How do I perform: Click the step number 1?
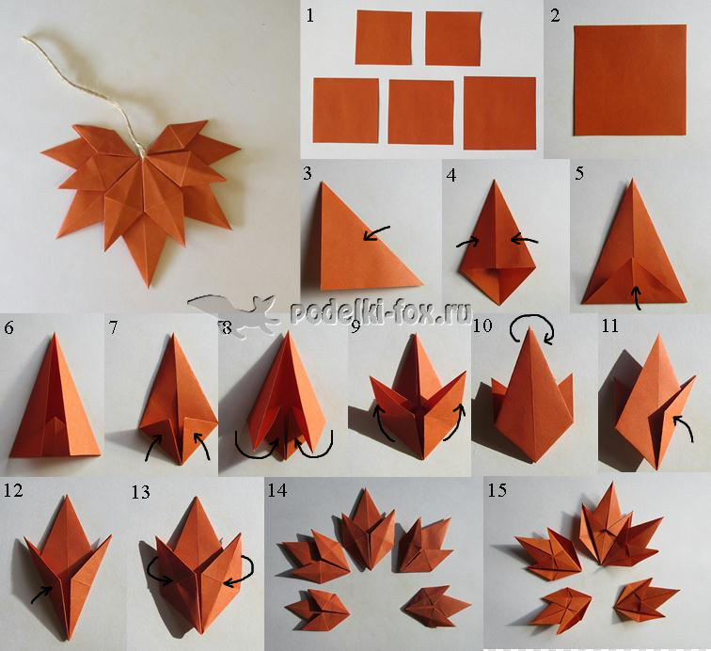coord(310,15)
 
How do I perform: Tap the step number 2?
coord(556,15)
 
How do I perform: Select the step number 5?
coord(579,173)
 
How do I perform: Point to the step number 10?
coord(482,325)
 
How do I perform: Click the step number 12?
coord(13,490)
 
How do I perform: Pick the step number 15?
coord(497,490)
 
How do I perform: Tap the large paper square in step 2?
coord(630,80)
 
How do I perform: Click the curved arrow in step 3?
coord(376,232)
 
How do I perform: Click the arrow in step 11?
coord(684,427)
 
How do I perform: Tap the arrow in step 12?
coord(41,594)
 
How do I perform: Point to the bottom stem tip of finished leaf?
coord(149,287)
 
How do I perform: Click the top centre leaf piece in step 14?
coord(368,530)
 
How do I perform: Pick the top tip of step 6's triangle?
coord(55,334)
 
